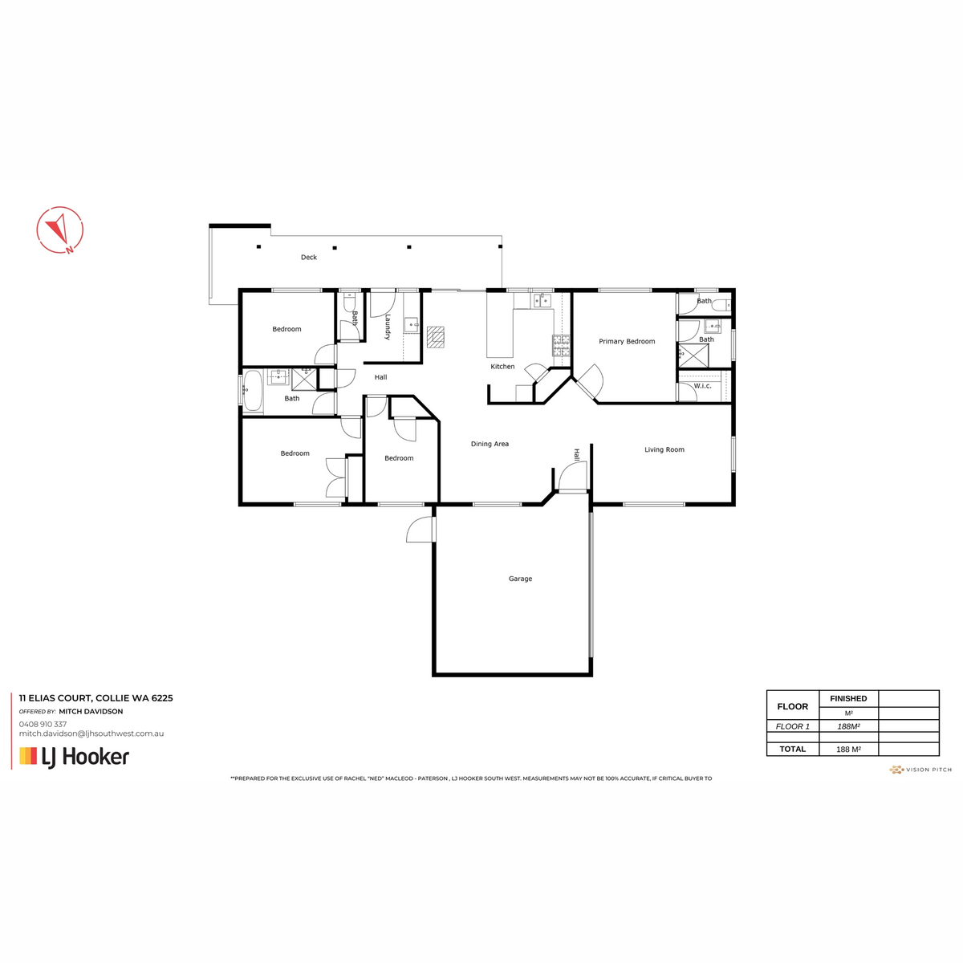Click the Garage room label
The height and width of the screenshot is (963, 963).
520,579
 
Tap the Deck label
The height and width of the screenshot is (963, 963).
309,258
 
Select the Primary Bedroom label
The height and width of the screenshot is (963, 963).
627,341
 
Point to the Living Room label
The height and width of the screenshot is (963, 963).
664,449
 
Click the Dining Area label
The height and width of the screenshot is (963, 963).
490,444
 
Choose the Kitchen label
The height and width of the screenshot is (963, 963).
502,366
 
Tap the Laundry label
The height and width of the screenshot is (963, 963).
388,327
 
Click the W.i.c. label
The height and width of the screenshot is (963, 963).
703,386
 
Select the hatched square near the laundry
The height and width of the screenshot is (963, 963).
436,337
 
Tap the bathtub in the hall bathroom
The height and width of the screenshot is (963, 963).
254,391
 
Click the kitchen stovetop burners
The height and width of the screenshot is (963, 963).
561,345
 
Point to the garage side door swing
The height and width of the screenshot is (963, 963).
419,529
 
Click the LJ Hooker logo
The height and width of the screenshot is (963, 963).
74,757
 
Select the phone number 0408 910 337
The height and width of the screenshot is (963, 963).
43,724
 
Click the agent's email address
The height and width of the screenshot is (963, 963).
91,733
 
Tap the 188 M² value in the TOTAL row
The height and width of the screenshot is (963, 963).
848,749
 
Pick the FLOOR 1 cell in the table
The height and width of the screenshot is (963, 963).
793,726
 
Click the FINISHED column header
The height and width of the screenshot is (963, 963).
848,699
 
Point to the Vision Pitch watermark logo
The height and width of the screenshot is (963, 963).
920,770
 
